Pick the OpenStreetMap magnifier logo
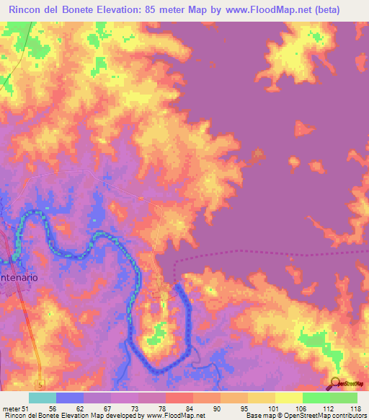(x=334, y=384)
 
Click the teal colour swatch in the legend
(x=43, y=398)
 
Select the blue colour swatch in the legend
(x=70, y=398)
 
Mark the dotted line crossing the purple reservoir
(x=274, y=253)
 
